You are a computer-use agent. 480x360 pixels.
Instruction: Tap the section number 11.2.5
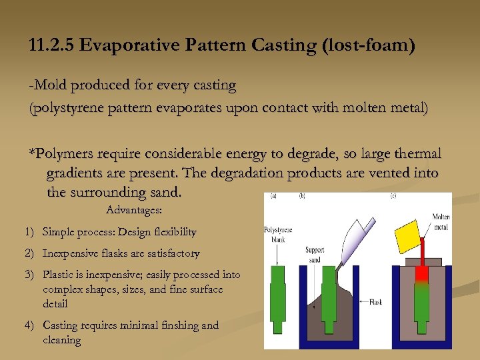[x=54, y=46]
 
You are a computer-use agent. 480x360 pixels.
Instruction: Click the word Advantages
[x=134, y=210]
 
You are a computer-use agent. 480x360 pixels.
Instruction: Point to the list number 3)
[x=29, y=275]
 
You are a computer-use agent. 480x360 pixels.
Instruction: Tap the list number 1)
[x=29, y=232]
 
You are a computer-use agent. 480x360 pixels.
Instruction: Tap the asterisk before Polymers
[x=31, y=154]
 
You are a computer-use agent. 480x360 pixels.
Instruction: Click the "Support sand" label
[x=315, y=255]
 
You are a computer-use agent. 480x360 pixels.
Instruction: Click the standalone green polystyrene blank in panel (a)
[x=279, y=297]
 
